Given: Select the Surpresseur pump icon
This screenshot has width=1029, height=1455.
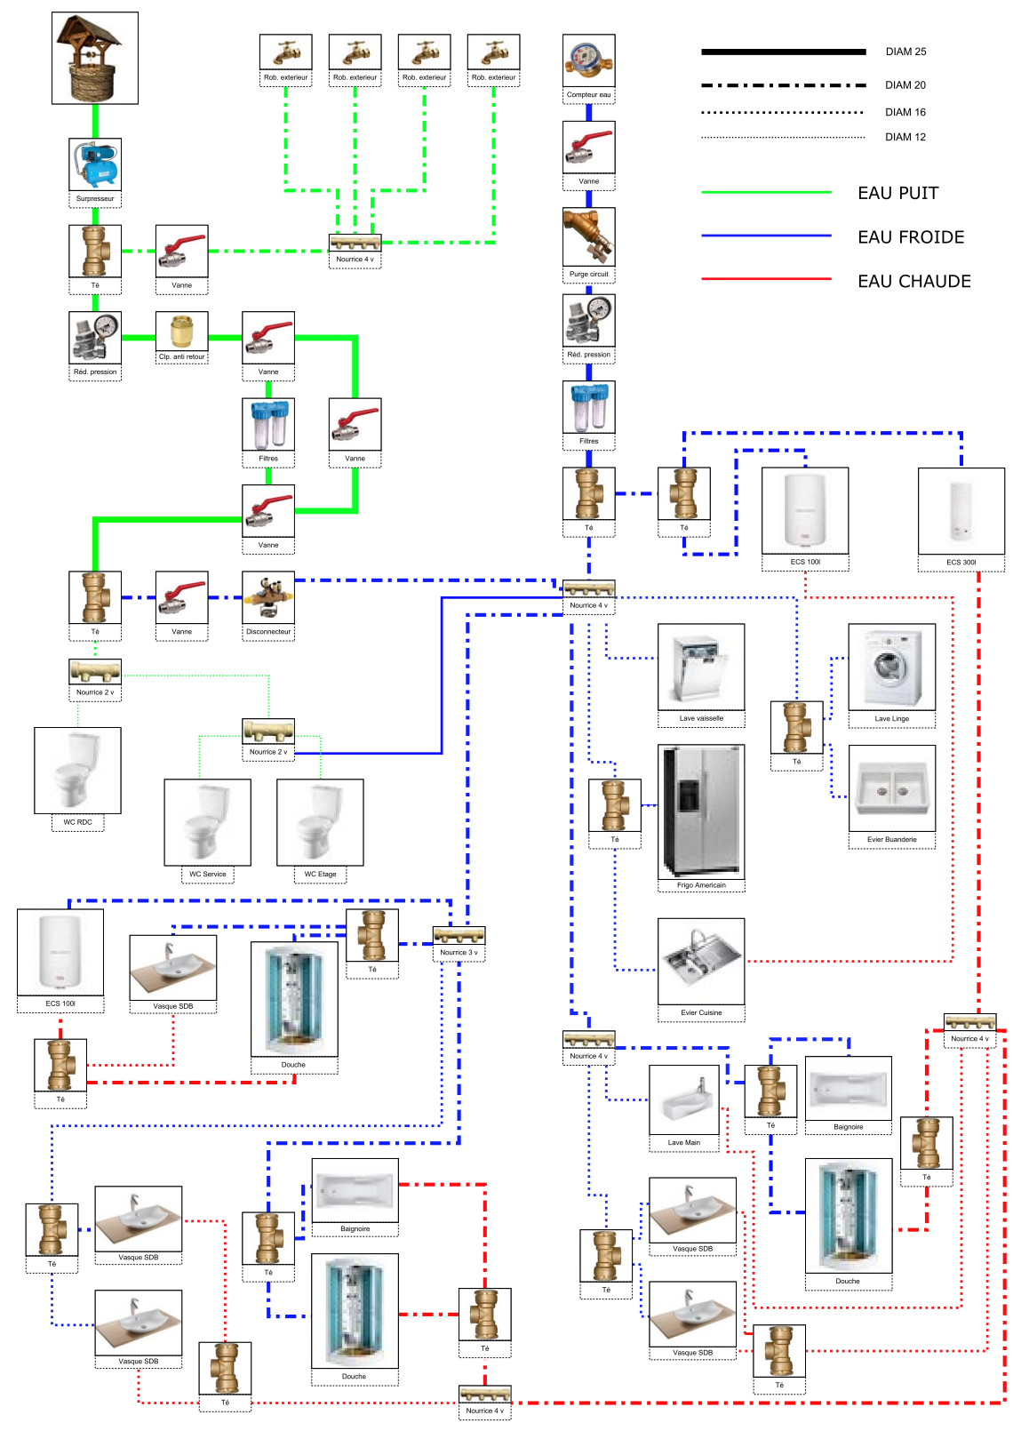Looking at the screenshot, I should click(x=95, y=164).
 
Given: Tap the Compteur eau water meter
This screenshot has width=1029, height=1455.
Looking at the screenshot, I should click(x=588, y=60).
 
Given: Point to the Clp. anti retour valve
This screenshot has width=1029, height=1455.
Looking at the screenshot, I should click(x=181, y=331).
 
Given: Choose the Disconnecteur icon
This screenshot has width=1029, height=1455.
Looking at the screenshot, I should click(x=268, y=598).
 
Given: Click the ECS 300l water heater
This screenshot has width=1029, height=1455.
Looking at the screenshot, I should click(x=961, y=511).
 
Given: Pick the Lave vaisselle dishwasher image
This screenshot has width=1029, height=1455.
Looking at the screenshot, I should click(x=701, y=667).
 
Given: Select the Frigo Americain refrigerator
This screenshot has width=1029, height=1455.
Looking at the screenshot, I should click(x=701, y=811).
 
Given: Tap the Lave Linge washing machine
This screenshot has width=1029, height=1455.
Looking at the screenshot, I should click(x=891, y=667).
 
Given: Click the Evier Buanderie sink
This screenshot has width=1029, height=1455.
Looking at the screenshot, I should click(x=891, y=788).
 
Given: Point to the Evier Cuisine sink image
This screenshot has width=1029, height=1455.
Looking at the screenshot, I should click(x=701, y=962).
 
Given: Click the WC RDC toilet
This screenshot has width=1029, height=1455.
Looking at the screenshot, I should click(x=77, y=770).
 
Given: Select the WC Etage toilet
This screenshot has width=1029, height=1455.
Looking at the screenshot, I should click(x=320, y=822).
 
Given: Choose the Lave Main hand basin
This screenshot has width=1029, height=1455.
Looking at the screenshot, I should click(x=684, y=1099).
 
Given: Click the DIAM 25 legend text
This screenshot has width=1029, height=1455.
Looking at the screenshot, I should click(x=905, y=52).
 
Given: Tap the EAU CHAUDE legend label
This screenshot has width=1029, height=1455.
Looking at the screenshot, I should click(x=913, y=281).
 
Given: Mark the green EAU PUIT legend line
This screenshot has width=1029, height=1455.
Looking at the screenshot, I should click(x=766, y=192).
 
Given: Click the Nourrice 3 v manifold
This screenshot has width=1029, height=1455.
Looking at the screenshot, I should click(x=459, y=935).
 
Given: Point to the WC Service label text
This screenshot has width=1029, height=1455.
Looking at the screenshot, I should click(x=207, y=874).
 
